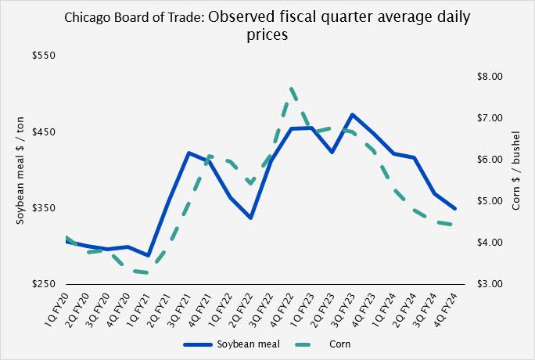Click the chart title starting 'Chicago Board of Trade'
pyautogui.click(x=267, y=23)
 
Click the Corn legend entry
pyautogui.click(x=332, y=344)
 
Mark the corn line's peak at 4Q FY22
pyautogui.click(x=291, y=88)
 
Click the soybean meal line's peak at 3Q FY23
pyautogui.click(x=353, y=115)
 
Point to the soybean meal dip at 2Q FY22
pyautogui.click(x=250, y=218)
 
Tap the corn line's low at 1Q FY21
pyautogui.click(x=148, y=273)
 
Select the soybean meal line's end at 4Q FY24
pyautogui.click(x=454, y=209)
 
